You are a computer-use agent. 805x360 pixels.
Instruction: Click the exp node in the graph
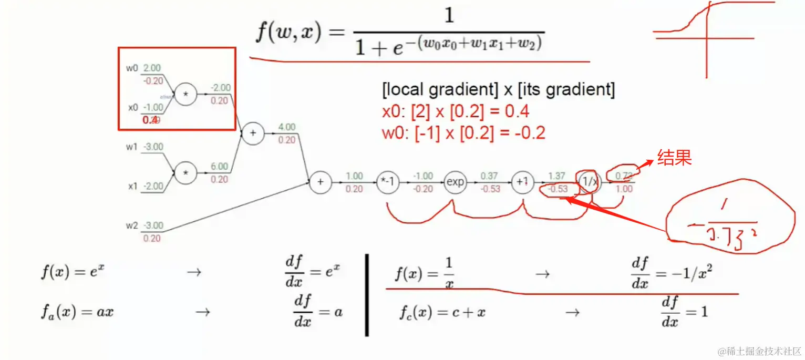(x=455, y=182)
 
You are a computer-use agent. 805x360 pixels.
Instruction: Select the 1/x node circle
(x=589, y=182)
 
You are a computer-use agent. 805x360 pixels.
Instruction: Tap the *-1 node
(x=387, y=182)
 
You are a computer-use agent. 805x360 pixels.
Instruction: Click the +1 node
(x=522, y=182)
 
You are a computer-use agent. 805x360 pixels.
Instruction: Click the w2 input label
(x=132, y=226)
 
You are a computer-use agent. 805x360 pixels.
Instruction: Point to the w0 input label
(x=132, y=68)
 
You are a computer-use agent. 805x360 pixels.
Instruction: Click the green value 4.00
(x=287, y=127)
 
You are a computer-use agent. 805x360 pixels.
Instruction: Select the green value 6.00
(x=219, y=166)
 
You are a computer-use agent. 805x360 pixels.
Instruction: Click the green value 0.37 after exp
(x=490, y=176)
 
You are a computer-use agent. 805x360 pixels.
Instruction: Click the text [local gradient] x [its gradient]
(x=498, y=90)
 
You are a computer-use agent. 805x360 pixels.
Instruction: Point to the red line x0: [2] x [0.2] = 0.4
(x=456, y=111)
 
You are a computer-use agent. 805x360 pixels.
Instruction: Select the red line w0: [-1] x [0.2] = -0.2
(x=463, y=132)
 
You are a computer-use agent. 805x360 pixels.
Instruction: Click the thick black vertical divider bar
(x=367, y=295)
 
